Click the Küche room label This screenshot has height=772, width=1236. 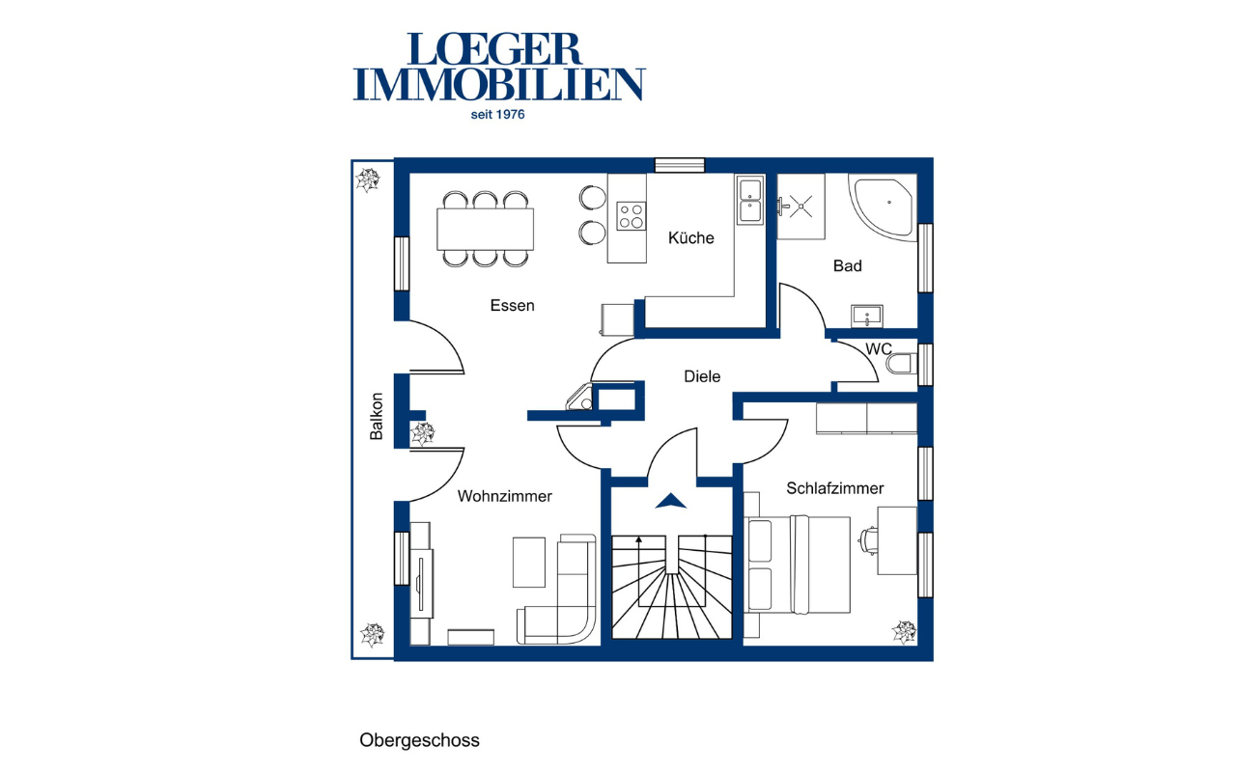point(690,238)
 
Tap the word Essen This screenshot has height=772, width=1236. point(512,306)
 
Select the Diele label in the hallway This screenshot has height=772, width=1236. point(702,376)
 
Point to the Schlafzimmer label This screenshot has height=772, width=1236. point(835,488)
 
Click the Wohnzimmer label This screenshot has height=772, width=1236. point(504,496)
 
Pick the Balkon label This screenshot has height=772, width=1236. point(377,416)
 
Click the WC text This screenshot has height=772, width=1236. point(879,349)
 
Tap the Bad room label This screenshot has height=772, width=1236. point(848,265)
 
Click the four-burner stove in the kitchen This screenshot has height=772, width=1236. point(632,216)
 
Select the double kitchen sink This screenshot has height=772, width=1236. point(750,200)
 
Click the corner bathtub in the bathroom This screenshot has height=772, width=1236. point(883,207)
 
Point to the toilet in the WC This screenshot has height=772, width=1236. point(902,364)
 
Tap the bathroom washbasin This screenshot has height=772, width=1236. point(867,316)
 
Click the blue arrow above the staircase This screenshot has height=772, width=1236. point(671,501)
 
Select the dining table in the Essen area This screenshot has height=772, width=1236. point(485,229)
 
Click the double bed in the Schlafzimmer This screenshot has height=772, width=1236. point(797,565)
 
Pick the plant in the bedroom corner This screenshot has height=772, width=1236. point(905,632)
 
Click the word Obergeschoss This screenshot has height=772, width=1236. point(419,740)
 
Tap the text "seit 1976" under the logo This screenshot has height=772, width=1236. point(497,115)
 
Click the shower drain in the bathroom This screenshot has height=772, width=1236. point(801,207)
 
